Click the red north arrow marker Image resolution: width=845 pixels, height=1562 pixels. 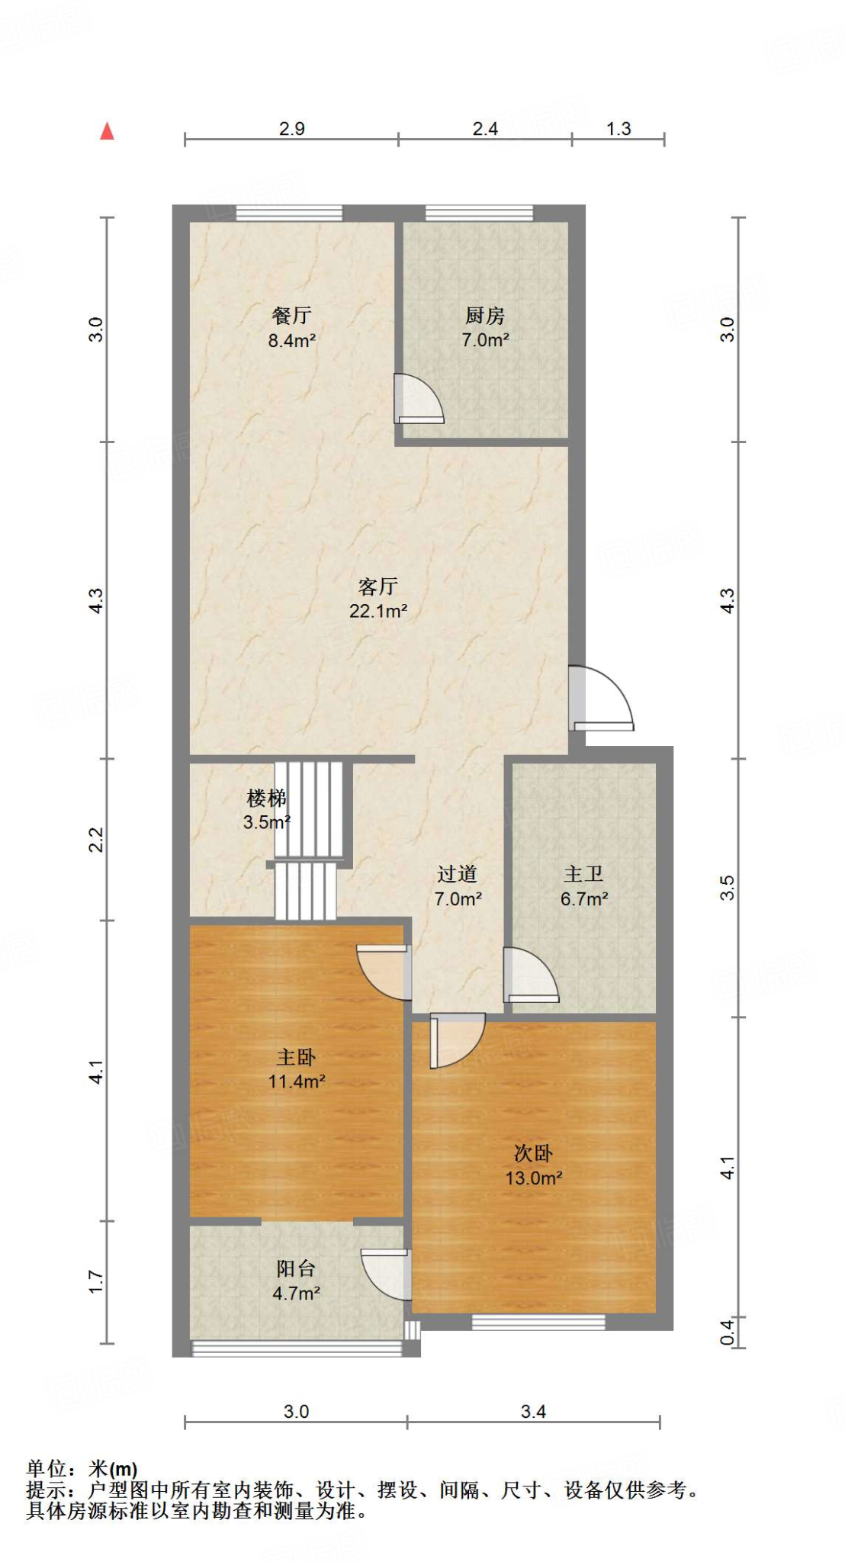point(108,131)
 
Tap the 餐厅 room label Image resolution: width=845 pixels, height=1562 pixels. point(291,315)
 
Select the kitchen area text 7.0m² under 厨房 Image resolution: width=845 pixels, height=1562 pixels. point(485,340)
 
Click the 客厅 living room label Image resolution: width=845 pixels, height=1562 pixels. point(378,586)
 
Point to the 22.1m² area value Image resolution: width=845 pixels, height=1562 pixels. point(378,611)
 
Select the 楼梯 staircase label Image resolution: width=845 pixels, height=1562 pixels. point(266,798)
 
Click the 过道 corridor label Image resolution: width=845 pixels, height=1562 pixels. point(458,874)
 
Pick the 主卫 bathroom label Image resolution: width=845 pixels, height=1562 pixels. point(583,874)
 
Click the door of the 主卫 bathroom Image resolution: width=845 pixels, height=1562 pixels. point(532,975)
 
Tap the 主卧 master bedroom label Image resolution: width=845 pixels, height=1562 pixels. point(296,1057)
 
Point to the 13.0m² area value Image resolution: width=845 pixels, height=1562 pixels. point(534,1178)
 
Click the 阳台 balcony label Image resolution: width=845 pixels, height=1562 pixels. point(296,1268)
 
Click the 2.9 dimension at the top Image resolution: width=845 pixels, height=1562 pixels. point(291,128)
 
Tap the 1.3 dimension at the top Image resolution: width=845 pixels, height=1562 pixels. point(618,128)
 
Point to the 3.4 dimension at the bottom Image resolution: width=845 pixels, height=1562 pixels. point(533,1412)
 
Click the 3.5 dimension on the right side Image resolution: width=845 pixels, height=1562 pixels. point(728,888)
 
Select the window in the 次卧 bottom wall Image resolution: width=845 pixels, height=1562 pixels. point(538,1322)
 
